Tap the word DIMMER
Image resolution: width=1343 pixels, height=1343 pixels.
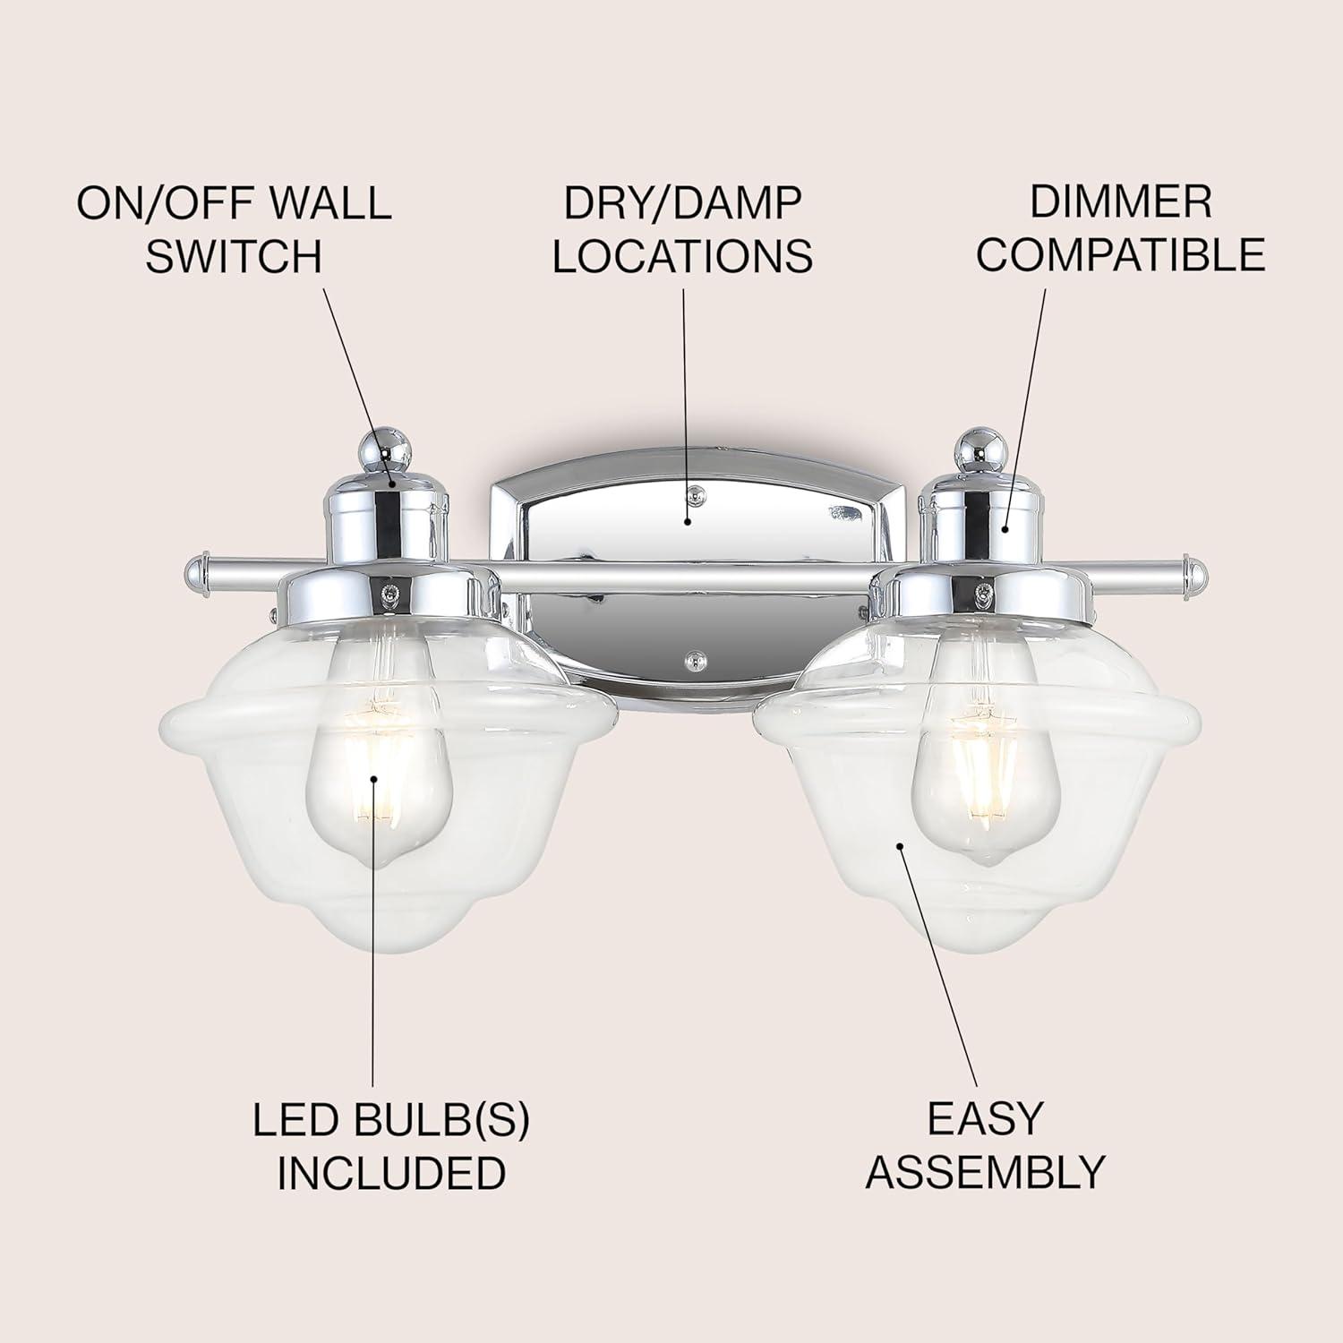(x=1120, y=202)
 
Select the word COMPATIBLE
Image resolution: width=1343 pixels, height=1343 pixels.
(x=1120, y=255)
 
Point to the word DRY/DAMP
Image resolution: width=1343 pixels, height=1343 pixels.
(x=682, y=203)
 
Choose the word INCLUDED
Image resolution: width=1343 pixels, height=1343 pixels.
(x=391, y=1174)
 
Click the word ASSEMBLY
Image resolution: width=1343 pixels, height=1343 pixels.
(x=986, y=1172)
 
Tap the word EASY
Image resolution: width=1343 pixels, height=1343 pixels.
(x=986, y=1119)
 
